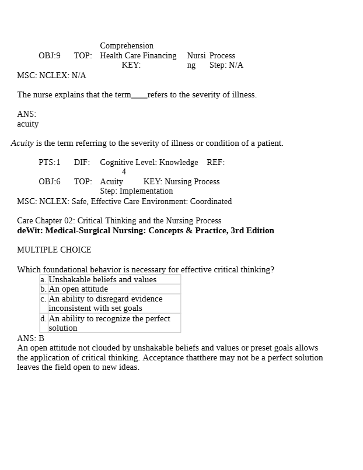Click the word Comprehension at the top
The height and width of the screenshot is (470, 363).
[x=127, y=45]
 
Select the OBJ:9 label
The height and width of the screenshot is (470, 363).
[x=50, y=55]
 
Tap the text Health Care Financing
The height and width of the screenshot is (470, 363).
[x=138, y=55]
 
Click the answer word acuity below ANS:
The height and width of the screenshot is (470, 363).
[x=28, y=124]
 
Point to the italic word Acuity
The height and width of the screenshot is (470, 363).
[x=22, y=143]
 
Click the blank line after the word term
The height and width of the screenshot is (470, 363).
[x=139, y=95]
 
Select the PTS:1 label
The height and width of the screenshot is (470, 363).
[x=50, y=162]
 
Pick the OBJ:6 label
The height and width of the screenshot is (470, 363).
[x=50, y=181]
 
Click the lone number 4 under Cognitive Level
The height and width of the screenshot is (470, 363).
[x=124, y=172]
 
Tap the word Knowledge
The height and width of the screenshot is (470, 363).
[x=179, y=162]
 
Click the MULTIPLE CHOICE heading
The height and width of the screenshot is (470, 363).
[x=54, y=250]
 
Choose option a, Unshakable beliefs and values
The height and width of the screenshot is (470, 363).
[x=102, y=279]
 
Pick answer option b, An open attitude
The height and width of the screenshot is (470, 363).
[x=78, y=289]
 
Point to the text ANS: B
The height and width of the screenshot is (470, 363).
[x=30, y=338]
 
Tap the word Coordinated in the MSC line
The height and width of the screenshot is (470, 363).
[x=210, y=201]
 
